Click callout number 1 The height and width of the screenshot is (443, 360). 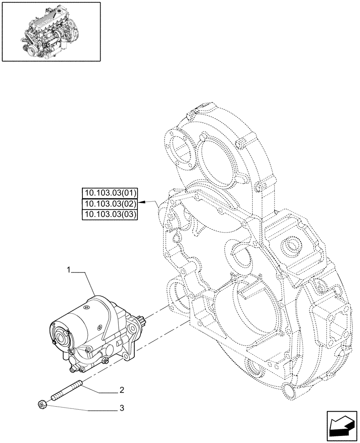coord(69,269)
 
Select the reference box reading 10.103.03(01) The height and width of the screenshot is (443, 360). coord(110,193)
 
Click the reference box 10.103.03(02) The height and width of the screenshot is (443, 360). coord(110,204)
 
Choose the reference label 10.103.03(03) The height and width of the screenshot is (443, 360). coord(110,214)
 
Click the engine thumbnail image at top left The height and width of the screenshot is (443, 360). coord(51,31)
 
